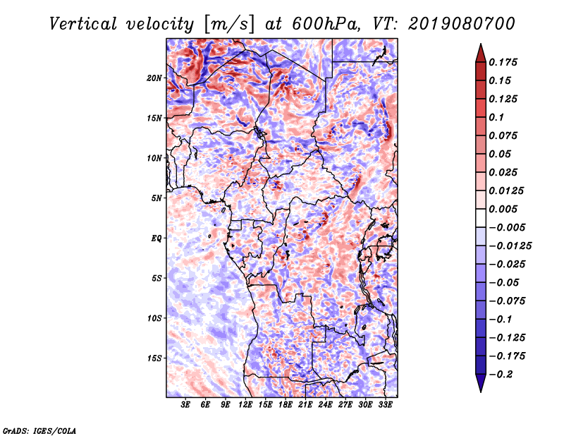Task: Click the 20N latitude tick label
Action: [154, 78]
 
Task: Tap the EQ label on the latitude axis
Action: [157, 238]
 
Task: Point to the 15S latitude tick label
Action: [154, 358]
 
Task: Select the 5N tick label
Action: [157, 198]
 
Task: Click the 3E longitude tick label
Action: [185, 404]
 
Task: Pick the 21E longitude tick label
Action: [305, 404]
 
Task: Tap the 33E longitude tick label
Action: [385, 404]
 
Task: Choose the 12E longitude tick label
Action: [245, 404]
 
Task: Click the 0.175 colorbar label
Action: [503, 62]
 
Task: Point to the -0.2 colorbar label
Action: [501, 375]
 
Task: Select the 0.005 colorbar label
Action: [503, 209]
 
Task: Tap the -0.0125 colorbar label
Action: [510, 246]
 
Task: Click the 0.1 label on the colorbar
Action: [496, 117]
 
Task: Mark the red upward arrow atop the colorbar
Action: [481, 54]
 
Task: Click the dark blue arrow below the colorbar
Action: [481, 383]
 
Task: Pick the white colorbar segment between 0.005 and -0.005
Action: [481, 218]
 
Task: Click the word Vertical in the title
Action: [83, 24]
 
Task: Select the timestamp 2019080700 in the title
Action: [462, 24]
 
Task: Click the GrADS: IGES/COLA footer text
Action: [39, 430]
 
